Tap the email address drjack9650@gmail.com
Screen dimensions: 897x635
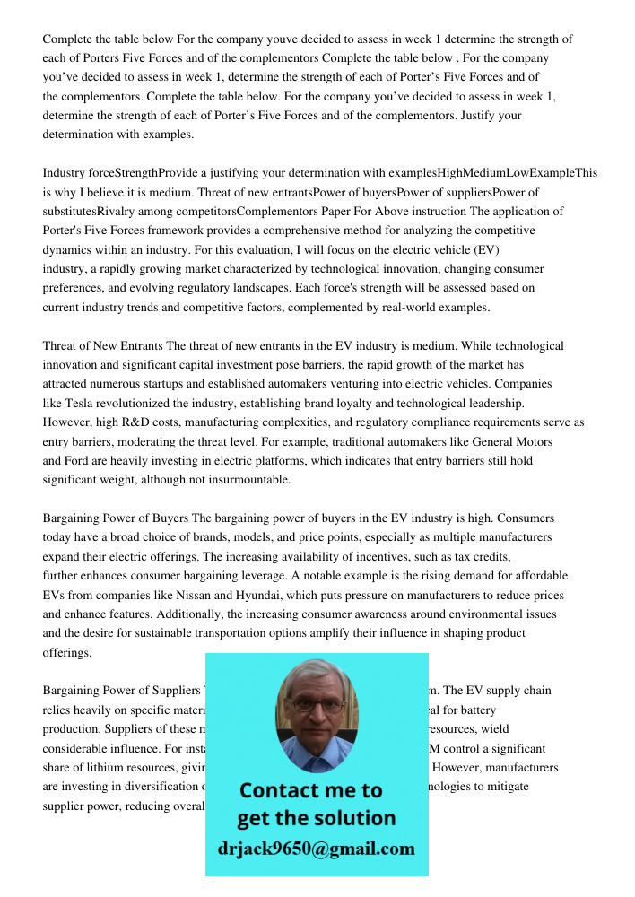click(x=317, y=849)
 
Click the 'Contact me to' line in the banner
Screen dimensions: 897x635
click(x=310, y=790)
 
